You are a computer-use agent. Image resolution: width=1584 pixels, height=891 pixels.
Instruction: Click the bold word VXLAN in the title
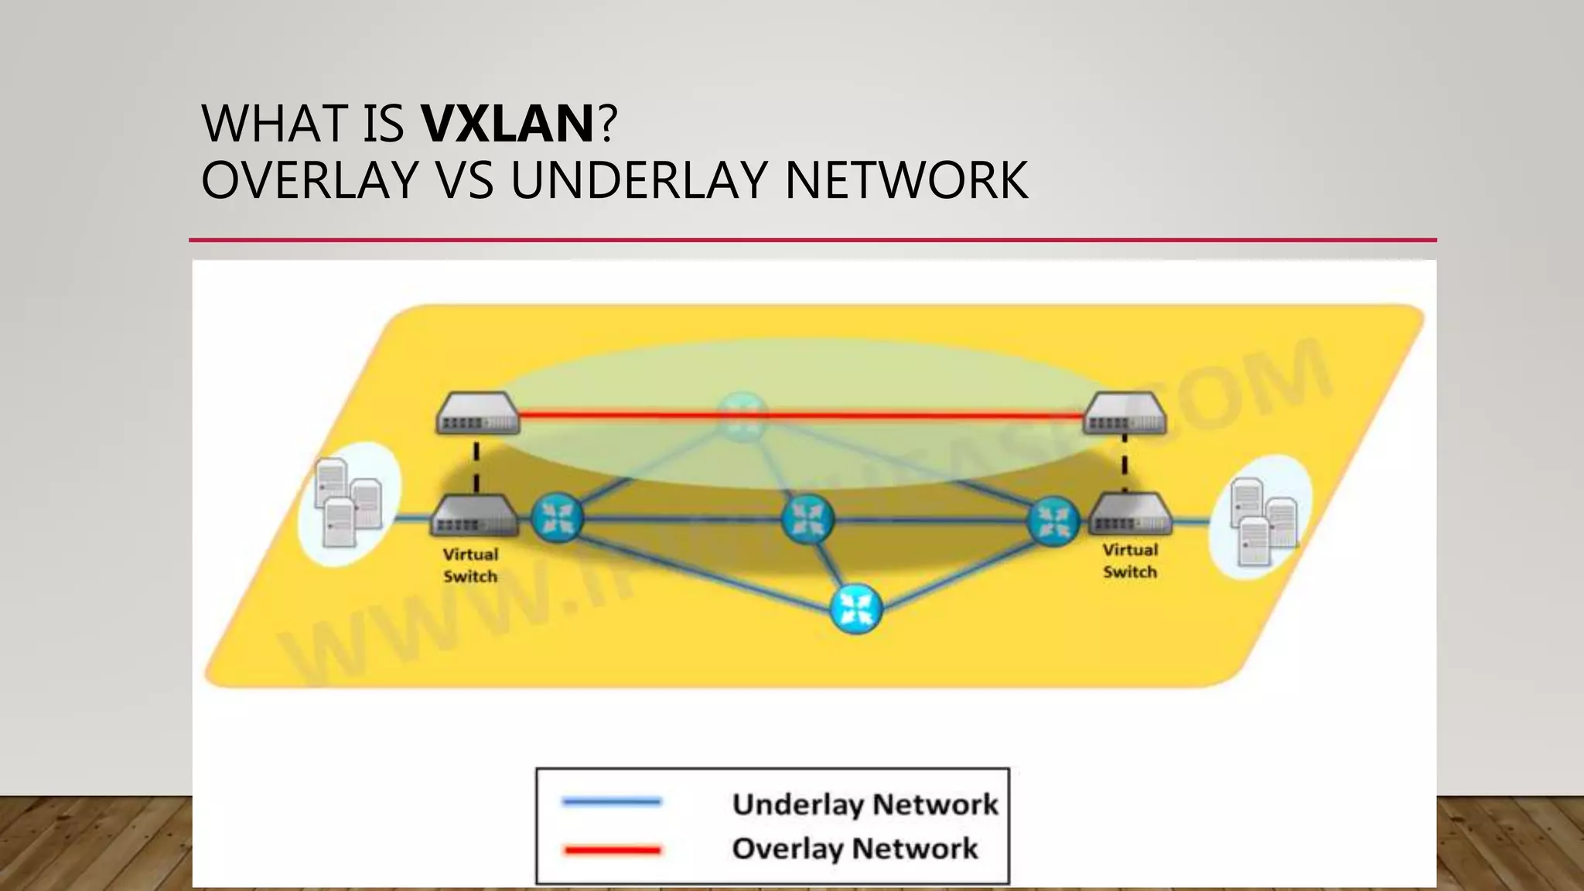tap(507, 124)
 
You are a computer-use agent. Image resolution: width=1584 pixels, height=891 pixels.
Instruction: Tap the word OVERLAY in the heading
tap(309, 180)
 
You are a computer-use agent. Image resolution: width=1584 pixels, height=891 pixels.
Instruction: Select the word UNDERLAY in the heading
tap(640, 180)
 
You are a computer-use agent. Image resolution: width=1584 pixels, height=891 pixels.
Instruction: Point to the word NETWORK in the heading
tap(906, 180)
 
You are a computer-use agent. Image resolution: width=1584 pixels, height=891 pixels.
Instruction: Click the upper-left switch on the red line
tap(477, 415)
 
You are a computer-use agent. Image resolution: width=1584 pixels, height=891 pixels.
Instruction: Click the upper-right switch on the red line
tap(1125, 414)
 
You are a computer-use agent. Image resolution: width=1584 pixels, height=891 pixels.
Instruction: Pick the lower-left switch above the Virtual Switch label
tap(473, 516)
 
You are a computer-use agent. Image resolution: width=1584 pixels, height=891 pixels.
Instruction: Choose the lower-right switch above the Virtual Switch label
tap(1129, 514)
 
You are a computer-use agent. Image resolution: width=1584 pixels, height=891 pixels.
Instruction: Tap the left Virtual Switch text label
tap(470, 565)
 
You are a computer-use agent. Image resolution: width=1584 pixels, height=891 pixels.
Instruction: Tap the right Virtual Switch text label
tap(1130, 561)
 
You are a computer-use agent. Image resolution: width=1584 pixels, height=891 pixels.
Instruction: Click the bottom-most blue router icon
tap(855, 609)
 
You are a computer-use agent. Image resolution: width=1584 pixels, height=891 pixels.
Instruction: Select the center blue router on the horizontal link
tap(807, 519)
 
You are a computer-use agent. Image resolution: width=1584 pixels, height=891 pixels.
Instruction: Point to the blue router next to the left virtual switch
tap(557, 517)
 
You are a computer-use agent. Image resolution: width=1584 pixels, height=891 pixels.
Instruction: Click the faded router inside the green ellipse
tap(742, 416)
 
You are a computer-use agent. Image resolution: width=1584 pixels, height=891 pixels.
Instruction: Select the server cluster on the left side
tap(349, 503)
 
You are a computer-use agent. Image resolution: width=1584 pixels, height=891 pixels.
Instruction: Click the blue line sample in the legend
tap(612, 802)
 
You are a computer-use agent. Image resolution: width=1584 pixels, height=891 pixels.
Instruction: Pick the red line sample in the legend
tap(612, 850)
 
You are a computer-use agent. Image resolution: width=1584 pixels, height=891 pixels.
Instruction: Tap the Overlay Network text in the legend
tap(855, 849)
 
